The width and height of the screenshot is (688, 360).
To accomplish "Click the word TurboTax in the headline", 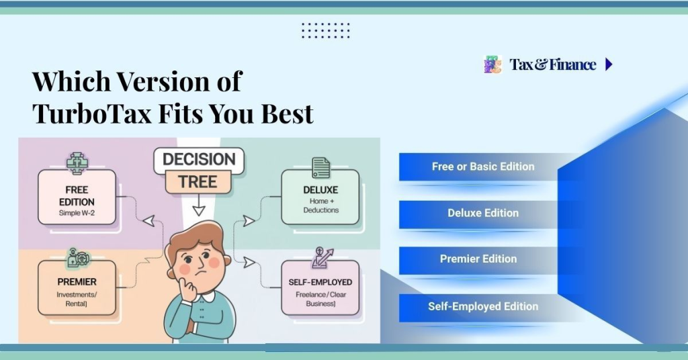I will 91,114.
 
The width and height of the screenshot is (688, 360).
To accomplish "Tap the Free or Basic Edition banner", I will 482,167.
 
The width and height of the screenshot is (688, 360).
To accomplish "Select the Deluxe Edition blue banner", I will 482,214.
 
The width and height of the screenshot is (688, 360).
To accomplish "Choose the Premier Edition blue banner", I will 478,259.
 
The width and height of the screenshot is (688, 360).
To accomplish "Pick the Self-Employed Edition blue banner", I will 482,307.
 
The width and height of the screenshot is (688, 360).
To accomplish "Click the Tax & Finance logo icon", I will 492,64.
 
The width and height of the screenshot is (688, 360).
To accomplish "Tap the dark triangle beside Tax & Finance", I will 609,64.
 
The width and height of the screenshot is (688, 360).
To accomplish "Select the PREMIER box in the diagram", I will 77,288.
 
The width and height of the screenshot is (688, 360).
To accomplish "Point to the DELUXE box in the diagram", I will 320,197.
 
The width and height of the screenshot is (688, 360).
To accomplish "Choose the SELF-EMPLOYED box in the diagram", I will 320,288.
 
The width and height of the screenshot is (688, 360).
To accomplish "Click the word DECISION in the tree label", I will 198,160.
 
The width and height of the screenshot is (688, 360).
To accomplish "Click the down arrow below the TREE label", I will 198,209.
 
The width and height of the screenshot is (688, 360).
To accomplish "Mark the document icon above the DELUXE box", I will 320,167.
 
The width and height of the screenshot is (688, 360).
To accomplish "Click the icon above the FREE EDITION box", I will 77,163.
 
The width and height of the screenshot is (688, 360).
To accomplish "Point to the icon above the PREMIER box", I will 76,258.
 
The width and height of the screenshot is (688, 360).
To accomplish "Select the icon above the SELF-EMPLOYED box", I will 321,257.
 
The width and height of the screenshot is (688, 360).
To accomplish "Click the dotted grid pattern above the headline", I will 325,30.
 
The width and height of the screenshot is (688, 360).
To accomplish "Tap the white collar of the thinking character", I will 202,296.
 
